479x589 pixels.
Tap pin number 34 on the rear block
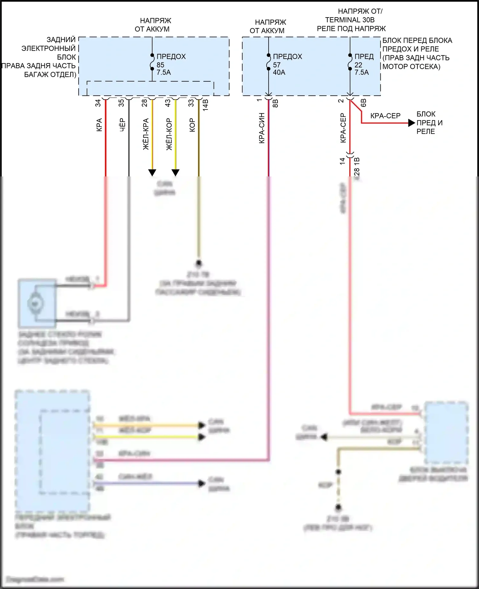[x=98, y=103]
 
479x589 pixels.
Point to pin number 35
[x=121, y=103]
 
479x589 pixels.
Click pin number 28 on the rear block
[x=145, y=103]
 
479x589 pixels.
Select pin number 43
[x=168, y=103]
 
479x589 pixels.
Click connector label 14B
[x=206, y=105]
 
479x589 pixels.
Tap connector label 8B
[x=276, y=103]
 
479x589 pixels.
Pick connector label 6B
[x=363, y=103]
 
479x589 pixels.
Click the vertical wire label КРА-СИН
[x=262, y=128]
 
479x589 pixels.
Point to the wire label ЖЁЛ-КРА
[x=146, y=134]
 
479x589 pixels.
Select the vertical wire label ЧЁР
[x=122, y=125]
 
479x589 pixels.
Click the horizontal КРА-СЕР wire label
[x=385, y=116]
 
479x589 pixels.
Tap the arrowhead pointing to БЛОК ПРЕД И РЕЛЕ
[x=412, y=123]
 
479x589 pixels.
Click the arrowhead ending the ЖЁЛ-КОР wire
[x=176, y=173]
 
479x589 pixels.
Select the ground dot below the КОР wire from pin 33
[x=199, y=264]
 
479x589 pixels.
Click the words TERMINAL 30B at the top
[x=350, y=20]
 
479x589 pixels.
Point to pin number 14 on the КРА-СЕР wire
[x=343, y=161]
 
